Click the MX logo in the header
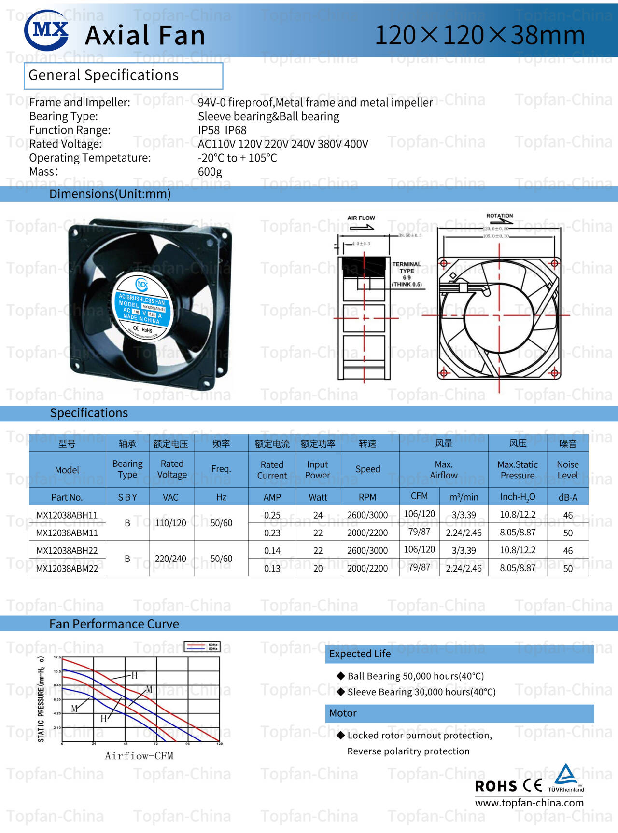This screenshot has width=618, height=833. (47, 30)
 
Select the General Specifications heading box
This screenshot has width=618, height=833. (124, 76)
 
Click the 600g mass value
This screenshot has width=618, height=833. (210, 172)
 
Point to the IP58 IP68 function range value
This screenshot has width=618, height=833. (222, 130)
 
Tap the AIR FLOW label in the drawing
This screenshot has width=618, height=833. (361, 218)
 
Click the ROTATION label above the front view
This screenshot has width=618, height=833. (499, 216)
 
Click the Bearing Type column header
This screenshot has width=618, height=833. (127, 469)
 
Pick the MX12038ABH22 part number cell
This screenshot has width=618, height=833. (67, 550)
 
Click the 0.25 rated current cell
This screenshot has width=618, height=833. (272, 515)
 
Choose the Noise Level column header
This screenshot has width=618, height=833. (567, 469)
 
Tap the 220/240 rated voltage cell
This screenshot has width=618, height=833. (170, 559)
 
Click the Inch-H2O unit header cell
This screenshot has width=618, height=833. (518, 497)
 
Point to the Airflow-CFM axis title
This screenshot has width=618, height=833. (139, 756)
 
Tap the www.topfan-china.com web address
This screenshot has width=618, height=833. (529, 803)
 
